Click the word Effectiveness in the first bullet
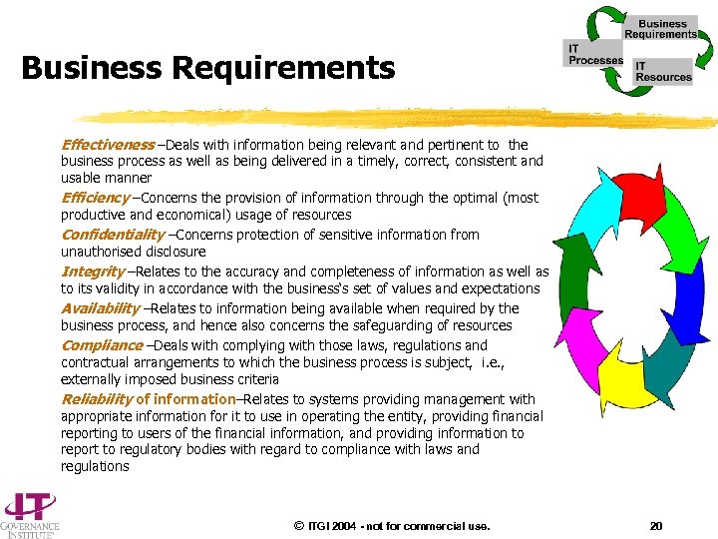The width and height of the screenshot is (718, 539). pyautogui.click(x=108, y=145)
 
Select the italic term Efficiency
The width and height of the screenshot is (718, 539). pyautogui.click(x=96, y=198)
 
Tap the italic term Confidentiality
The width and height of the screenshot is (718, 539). pyautogui.click(x=113, y=235)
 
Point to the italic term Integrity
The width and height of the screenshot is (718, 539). pyautogui.click(x=93, y=271)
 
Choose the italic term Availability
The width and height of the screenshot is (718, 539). pyautogui.click(x=100, y=308)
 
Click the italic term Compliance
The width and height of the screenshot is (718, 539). pyautogui.click(x=101, y=345)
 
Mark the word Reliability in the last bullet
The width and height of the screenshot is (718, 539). pyautogui.click(x=98, y=399)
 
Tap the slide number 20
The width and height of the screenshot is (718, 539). pyautogui.click(x=655, y=526)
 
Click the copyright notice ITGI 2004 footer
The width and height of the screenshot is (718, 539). pyautogui.click(x=392, y=526)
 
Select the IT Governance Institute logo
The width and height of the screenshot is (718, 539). pyautogui.click(x=30, y=514)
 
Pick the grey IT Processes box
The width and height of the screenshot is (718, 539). pyautogui.click(x=595, y=55)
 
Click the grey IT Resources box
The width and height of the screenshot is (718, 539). pyautogui.click(x=663, y=71)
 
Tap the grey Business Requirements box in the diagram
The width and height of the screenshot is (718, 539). pyautogui.click(x=662, y=28)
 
